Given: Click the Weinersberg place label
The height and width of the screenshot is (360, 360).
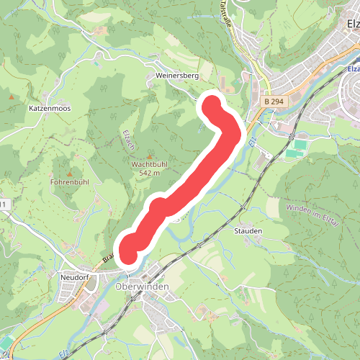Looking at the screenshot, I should point(176,74).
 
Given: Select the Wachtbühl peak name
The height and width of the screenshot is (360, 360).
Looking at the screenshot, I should point(150,164).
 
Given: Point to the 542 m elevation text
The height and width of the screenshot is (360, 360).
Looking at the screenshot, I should point(150,173).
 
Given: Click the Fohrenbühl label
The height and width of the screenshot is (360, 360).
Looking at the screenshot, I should point(70,182).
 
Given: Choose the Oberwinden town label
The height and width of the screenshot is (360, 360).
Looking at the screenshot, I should point(142,287).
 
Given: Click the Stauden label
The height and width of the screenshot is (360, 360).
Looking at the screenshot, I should point(248,231).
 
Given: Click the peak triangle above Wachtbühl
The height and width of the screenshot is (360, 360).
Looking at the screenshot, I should point(150,156).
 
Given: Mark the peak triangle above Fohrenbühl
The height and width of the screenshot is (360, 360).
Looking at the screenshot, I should point(70,174).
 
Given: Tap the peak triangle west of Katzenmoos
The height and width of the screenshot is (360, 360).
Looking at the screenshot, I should point(12,95).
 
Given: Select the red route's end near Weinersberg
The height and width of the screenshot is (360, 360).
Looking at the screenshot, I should point(211,107).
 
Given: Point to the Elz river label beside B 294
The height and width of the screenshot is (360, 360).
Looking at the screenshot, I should point(252,142).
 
